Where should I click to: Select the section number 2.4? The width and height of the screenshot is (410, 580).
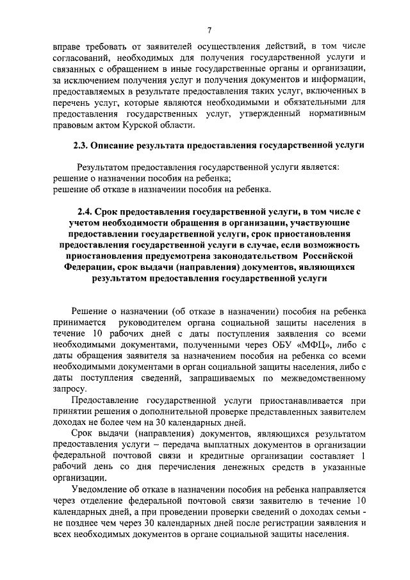pyautogui.click(x=86, y=211)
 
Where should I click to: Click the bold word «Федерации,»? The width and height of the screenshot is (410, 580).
pyautogui.click(x=88, y=268)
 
